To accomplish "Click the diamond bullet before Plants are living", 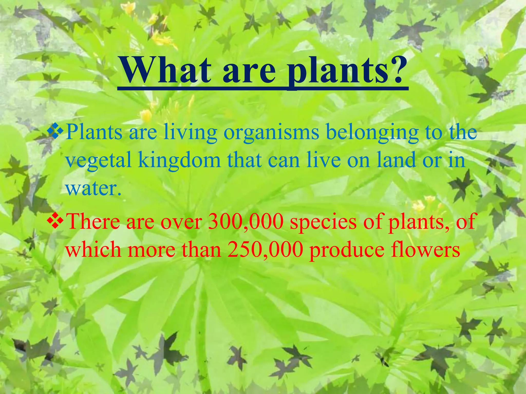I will tap(55, 131).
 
